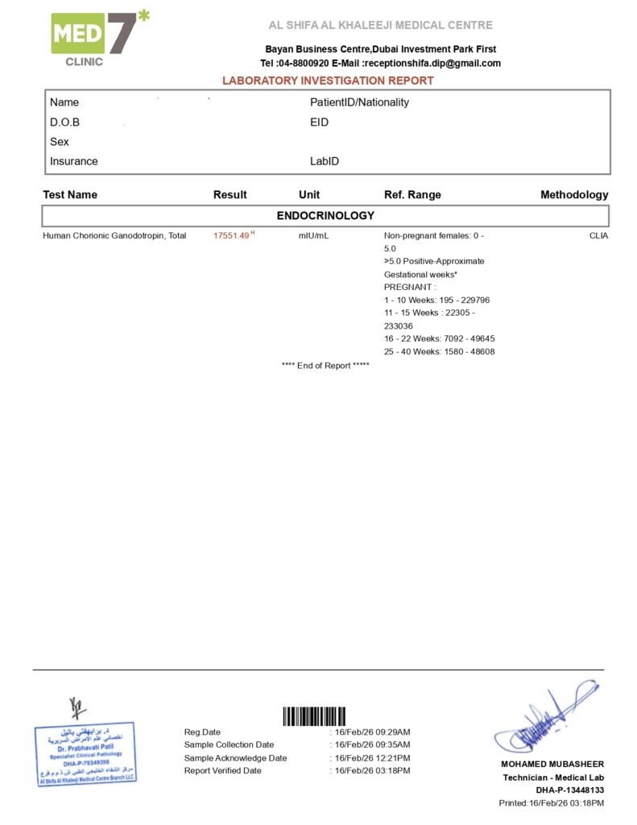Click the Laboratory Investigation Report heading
tap(328, 81)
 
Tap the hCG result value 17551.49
tap(232, 235)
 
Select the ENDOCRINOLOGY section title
tap(325, 216)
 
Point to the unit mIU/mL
tap(313, 235)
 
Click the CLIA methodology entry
tap(598, 235)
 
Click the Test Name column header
tap(70, 195)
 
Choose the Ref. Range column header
tap(412, 195)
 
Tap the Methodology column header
tap(574, 195)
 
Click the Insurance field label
tap(74, 161)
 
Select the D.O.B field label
tap(65, 122)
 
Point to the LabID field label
tap(325, 161)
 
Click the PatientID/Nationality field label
tap(359, 102)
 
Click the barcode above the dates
tap(314, 716)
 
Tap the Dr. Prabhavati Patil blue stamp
tap(85, 754)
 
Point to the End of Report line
tap(325, 366)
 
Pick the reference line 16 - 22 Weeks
tap(439, 338)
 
